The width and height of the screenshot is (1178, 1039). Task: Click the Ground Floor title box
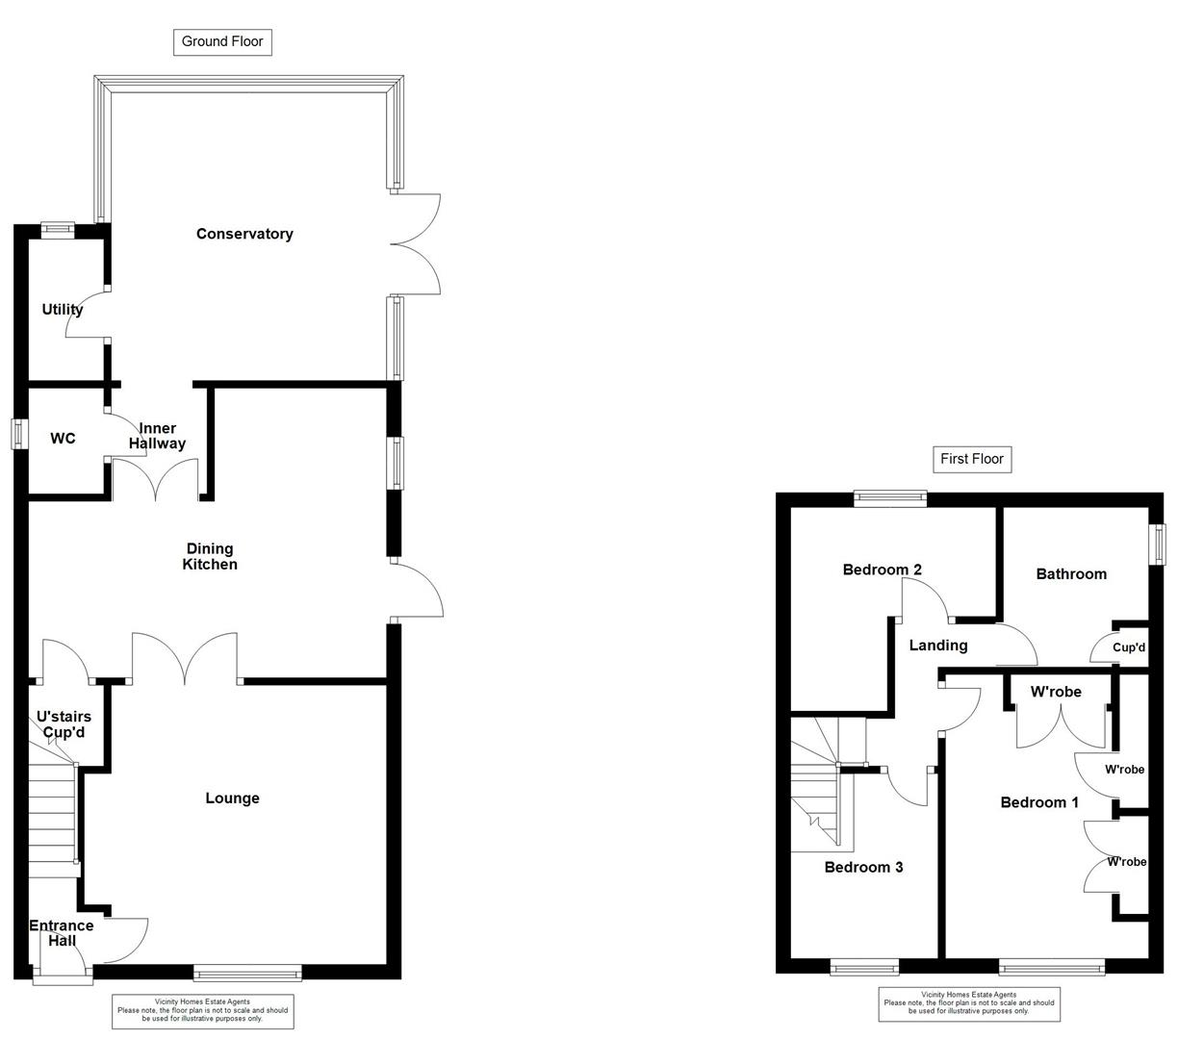point(222,41)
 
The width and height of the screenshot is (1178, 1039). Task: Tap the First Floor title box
point(972,459)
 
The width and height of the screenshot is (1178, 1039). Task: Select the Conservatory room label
point(244,234)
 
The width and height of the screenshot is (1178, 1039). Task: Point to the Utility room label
point(63,309)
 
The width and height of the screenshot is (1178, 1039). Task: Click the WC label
point(63,439)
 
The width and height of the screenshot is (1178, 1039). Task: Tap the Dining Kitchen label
point(210,557)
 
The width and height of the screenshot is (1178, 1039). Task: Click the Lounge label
point(232,798)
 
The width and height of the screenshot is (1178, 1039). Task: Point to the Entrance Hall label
point(61,933)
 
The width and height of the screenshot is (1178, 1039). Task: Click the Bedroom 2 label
point(882,570)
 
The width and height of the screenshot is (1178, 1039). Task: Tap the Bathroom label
point(1071,574)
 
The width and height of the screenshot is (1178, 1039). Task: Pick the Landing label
point(938,646)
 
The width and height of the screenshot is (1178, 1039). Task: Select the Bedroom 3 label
point(863,867)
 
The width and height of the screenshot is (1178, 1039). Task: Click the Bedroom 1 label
point(1039,802)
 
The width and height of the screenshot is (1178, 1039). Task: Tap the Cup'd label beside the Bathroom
point(1129,647)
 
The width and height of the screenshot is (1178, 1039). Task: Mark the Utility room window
point(58,229)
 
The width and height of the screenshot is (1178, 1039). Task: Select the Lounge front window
point(247,973)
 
